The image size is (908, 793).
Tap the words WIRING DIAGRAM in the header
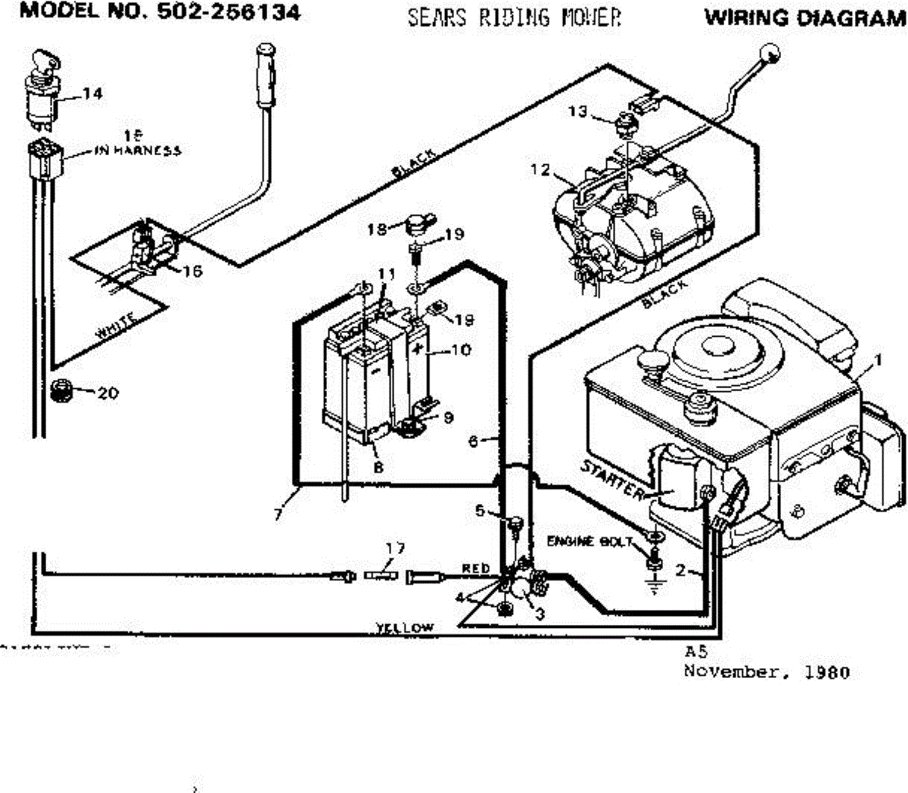pyautogui.click(x=805, y=18)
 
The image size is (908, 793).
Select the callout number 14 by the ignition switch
pyautogui.click(x=92, y=94)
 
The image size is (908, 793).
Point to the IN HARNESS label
pyautogui.click(x=138, y=151)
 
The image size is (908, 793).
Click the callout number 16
pyautogui.click(x=192, y=271)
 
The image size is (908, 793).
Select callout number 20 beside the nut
pyautogui.click(x=107, y=393)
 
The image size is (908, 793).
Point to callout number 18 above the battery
pyautogui.click(x=377, y=229)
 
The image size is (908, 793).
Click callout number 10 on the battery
pyautogui.click(x=460, y=350)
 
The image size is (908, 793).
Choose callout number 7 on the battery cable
pyautogui.click(x=279, y=515)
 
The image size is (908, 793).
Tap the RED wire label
pyautogui.click(x=476, y=568)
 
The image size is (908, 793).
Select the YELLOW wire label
pyautogui.click(x=406, y=628)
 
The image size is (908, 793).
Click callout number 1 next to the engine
pyautogui.click(x=878, y=361)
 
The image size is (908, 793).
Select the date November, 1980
pyautogui.click(x=767, y=672)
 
